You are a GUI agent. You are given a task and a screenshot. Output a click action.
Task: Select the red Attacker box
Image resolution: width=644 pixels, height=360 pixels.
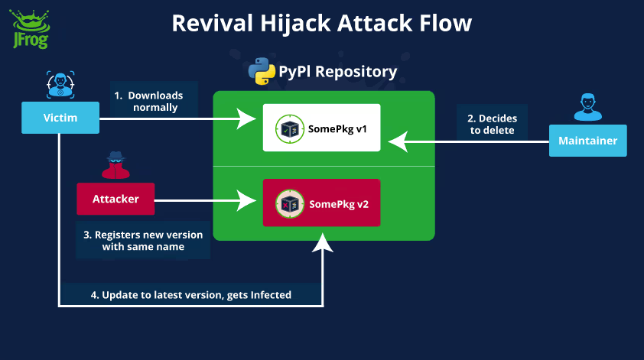pos(115,199)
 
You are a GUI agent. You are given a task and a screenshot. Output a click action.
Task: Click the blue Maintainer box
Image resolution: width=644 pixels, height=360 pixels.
pos(587,141)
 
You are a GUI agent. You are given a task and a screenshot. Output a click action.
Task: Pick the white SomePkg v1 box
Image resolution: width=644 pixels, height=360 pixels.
pos(321,128)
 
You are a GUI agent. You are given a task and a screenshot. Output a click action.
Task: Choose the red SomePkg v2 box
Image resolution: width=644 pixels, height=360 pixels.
pos(321,203)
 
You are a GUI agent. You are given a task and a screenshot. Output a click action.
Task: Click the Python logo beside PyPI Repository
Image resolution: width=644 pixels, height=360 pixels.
pos(262,72)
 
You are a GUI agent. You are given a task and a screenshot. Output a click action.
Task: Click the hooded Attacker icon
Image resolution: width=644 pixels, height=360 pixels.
pos(115,164)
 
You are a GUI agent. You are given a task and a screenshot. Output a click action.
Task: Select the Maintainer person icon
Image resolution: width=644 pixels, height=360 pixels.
pos(587,106)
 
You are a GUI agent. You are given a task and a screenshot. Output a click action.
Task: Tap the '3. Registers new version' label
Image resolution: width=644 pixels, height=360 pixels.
pos(143,241)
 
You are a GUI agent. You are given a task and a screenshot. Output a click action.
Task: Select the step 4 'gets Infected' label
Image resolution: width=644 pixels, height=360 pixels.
pos(191,294)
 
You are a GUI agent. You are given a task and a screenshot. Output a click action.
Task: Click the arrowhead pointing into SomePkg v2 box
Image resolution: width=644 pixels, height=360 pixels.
pos(249,202)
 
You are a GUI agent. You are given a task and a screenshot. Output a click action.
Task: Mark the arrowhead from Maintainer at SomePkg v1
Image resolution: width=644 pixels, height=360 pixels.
pos(396,141)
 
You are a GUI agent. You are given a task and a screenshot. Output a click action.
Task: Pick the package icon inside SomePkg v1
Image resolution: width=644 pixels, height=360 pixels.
pos(288,128)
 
